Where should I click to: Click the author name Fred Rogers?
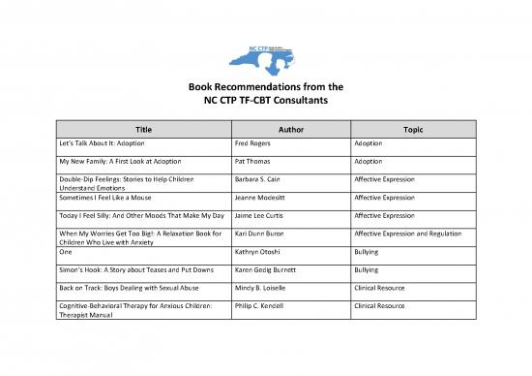coord(257,142)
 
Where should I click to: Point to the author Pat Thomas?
coord(256,161)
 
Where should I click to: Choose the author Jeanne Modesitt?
coord(264,197)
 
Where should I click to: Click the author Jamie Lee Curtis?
coord(263,215)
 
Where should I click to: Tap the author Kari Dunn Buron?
coord(264,234)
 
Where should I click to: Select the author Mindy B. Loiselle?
coord(265,288)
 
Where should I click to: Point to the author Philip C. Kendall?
coord(264,306)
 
